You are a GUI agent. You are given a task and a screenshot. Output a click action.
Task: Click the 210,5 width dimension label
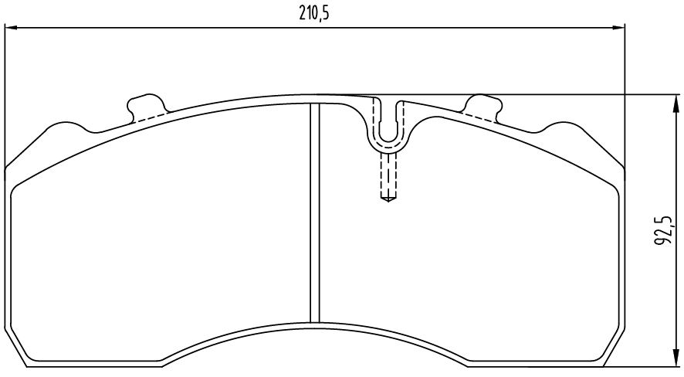point(313,14)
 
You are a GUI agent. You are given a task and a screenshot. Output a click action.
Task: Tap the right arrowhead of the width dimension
point(619,28)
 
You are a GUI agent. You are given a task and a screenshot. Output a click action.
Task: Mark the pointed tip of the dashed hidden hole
point(388,202)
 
